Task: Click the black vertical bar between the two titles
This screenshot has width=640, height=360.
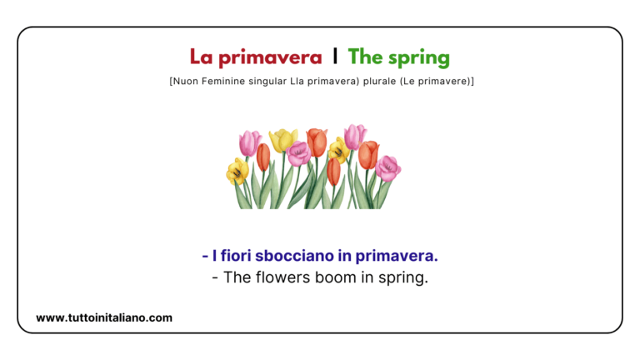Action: point(335,57)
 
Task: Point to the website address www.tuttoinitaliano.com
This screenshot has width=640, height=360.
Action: point(104,317)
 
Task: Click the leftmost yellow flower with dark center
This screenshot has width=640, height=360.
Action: point(237,171)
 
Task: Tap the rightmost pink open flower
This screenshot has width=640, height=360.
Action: point(387,167)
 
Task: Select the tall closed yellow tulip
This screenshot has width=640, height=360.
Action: point(283,139)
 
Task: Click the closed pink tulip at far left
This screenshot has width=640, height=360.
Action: point(250,142)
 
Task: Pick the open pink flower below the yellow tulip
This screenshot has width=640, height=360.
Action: point(298,153)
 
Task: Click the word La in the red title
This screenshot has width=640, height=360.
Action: point(201,57)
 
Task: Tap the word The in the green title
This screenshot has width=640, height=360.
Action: point(365,57)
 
